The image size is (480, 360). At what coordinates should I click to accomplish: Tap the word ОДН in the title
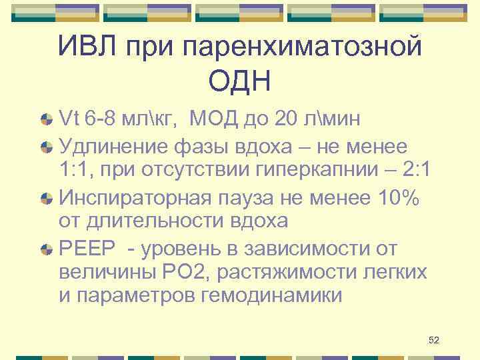tap(239, 83)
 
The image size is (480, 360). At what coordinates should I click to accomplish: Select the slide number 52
tap(433, 341)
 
